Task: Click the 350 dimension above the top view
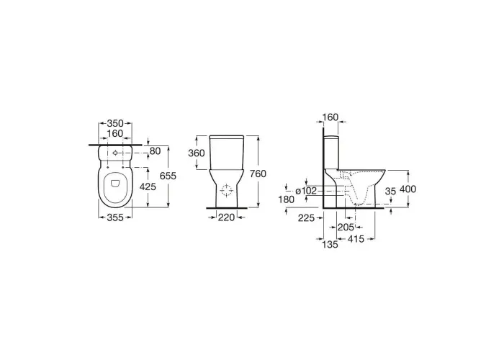coord(115,123)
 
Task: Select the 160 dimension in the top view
coord(115,133)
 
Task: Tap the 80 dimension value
coord(155,150)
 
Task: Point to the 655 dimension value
coord(168,176)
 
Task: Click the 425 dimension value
coord(148,186)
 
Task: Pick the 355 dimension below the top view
coord(115,217)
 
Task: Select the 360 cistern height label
coord(197,153)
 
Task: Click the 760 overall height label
coord(258,174)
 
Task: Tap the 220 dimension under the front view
coord(226,217)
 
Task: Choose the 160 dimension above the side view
coord(330,117)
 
